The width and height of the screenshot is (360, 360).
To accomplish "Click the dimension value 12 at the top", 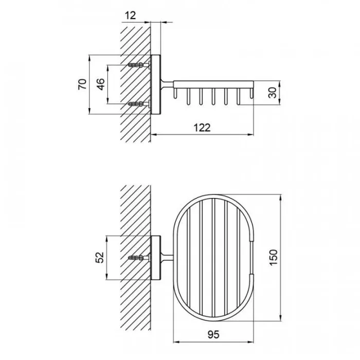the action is tap(130, 15).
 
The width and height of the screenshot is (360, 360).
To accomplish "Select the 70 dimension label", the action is tap(83, 84).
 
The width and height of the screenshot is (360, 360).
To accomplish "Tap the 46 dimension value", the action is tap(101, 84).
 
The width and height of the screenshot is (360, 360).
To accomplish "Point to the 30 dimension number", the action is tap(273, 93).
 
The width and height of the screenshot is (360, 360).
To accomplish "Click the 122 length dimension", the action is tap(202, 128).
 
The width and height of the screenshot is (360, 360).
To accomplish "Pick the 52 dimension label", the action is tap(100, 257).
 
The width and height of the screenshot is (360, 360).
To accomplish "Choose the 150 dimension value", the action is tap(273, 258).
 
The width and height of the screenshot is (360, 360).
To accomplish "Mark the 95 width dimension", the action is tap(213, 334).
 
